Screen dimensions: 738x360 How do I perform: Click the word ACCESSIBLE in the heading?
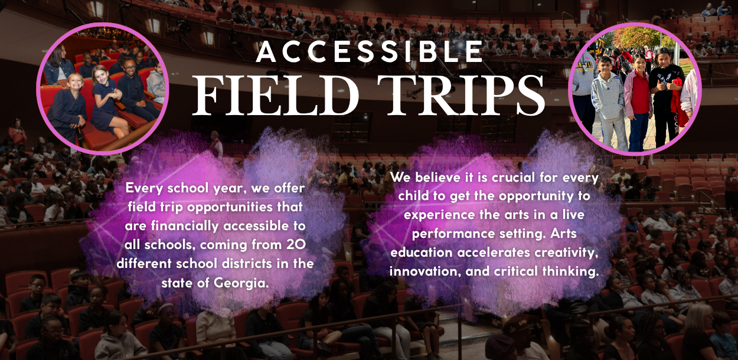[369, 52]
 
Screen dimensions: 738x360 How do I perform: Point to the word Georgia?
[241, 283]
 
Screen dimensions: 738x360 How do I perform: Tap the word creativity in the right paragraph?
[566, 253]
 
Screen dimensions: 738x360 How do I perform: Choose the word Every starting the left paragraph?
[144, 188]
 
